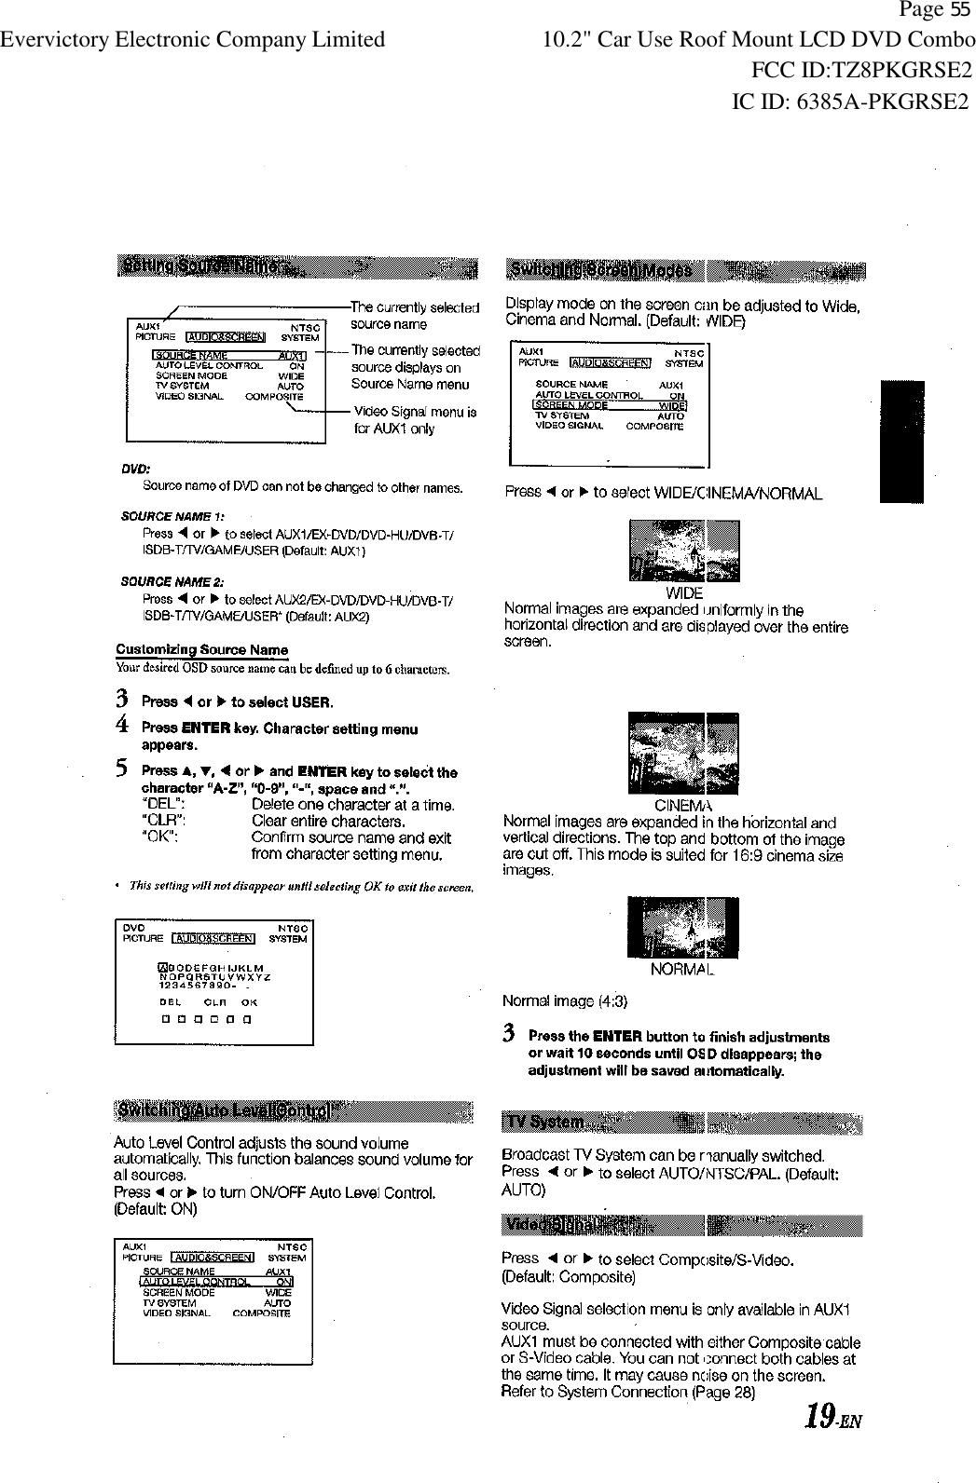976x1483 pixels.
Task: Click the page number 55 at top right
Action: (960, 10)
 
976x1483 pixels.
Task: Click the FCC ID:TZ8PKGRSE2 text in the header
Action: (860, 70)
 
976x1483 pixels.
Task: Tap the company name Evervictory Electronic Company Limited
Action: (193, 40)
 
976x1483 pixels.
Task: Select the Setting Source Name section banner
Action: (296, 267)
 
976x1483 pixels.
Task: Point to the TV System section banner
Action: (681, 1122)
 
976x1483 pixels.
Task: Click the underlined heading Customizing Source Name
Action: (201, 649)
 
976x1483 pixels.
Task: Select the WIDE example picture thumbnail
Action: (684, 551)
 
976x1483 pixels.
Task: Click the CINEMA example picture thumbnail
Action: (683, 754)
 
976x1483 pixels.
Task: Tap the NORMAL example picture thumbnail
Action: (683, 928)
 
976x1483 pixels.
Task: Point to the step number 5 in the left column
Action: (121, 769)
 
